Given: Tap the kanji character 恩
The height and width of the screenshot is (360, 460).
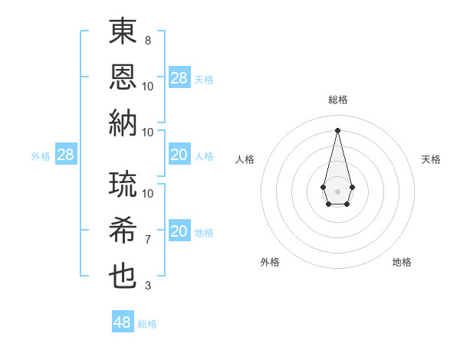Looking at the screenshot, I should coord(123,77).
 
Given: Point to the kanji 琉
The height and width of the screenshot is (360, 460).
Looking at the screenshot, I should coord(123,184).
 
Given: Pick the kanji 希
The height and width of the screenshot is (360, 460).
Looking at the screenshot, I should coord(123,230).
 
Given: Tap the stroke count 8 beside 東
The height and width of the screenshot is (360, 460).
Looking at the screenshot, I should coord(148,40).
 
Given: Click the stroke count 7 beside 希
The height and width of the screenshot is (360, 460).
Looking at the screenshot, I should coord(148,240).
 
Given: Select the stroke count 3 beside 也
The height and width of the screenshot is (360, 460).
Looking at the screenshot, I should coord(148,286).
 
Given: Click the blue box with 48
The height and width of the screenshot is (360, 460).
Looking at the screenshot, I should coord(123,322).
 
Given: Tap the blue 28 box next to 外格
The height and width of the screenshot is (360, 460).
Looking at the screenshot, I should coord(65,155).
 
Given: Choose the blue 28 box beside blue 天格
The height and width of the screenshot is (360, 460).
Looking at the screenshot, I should coord(179,78).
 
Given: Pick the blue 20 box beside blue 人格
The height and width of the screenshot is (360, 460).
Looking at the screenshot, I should coord(179,155).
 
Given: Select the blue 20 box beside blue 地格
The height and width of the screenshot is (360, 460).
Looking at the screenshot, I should coord(179,232).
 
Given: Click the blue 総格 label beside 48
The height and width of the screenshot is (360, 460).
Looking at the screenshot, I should coord(147,324).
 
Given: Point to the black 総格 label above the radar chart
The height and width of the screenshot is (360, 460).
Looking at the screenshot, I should coord(337,100).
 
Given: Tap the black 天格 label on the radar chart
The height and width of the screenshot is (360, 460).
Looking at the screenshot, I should coord(431,159).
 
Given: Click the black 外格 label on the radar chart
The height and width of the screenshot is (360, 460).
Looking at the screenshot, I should coord(270,262).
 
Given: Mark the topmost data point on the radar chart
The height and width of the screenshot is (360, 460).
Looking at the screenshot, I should coord(337,129).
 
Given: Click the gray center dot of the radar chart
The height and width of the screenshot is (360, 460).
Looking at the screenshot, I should coord(337,190).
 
